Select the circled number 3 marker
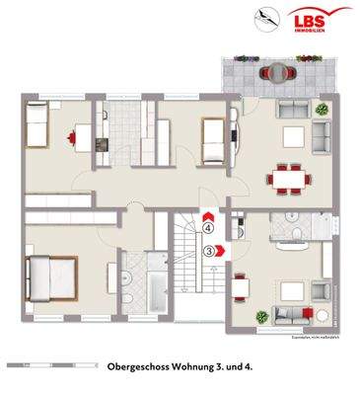[210, 251]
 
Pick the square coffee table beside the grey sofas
[293, 137]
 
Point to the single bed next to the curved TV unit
[212, 141]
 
